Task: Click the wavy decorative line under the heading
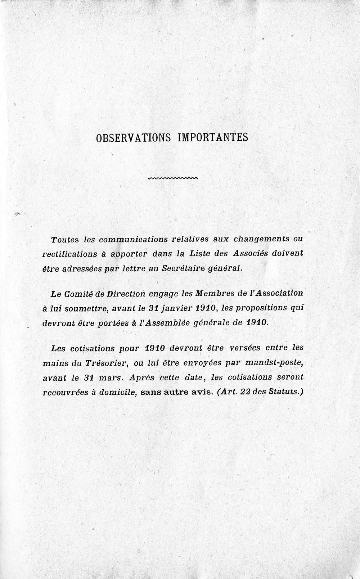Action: point(173,178)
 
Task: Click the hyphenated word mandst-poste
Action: point(277,363)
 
